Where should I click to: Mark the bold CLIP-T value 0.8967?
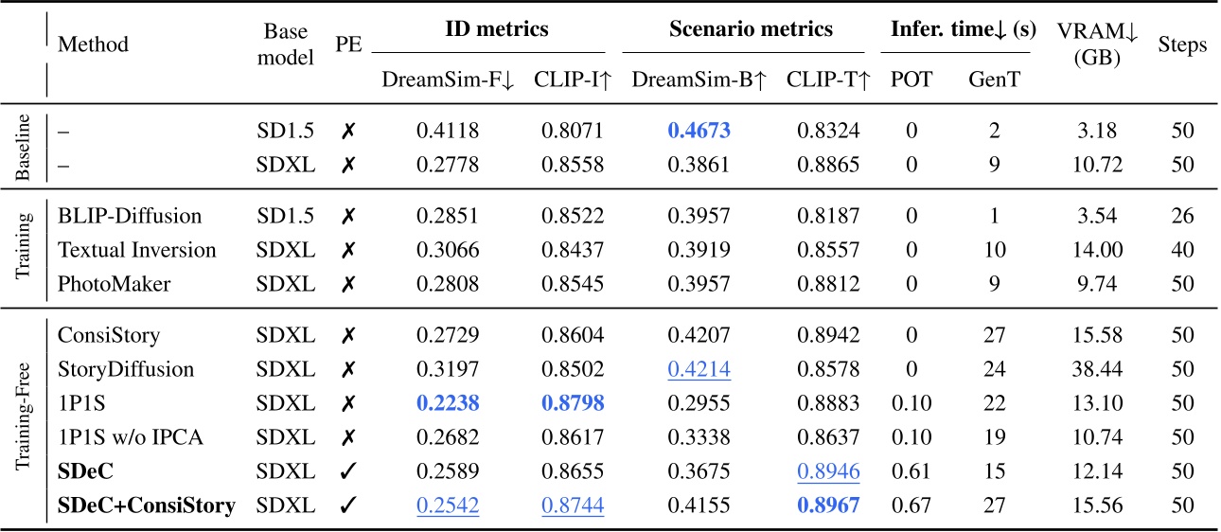823,505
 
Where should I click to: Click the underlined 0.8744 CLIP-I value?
570,505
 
